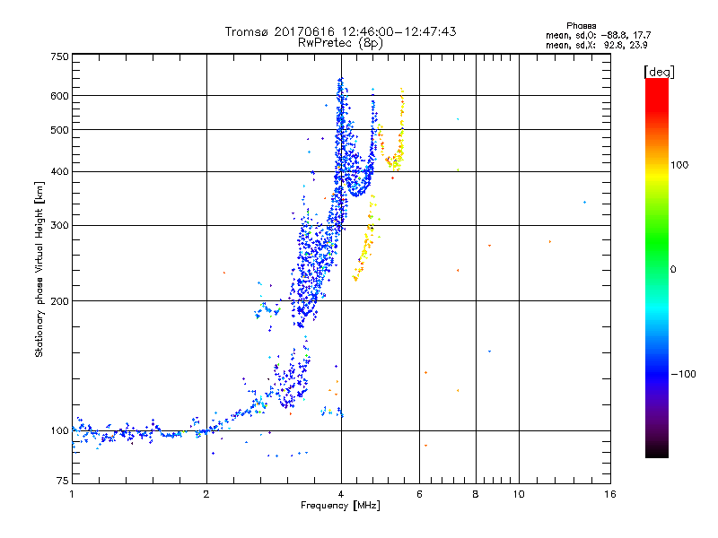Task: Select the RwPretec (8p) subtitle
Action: [x=341, y=42]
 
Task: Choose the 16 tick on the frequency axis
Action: [x=609, y=494]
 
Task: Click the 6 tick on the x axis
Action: [x=420, y=494]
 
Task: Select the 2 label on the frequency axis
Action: [x=206, y=494]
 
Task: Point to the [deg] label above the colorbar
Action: [x=659, y=71]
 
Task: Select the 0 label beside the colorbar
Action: [x=673, y=269]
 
